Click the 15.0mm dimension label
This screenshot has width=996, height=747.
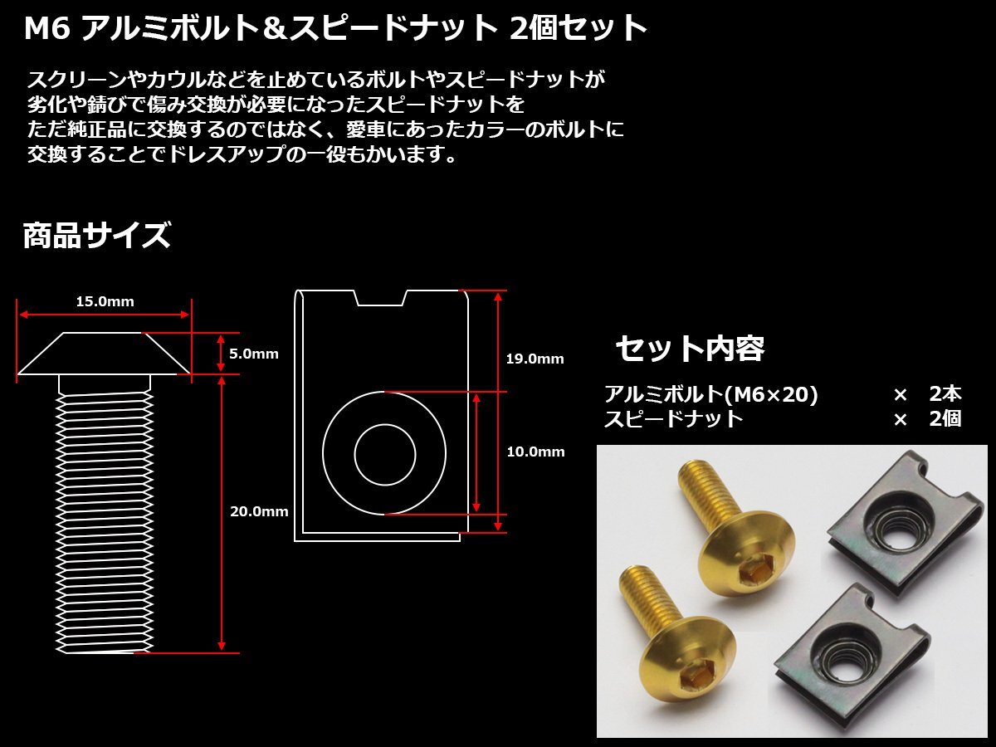105,301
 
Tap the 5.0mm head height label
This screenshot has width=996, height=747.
254,354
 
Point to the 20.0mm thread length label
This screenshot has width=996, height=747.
259,511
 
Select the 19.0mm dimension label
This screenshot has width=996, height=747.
535,359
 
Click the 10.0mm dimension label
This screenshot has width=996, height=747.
535,452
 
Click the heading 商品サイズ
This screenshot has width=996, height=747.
96,237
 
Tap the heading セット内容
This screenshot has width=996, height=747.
690,349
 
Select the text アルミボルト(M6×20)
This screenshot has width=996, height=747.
711,394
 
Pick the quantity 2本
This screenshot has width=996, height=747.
945,394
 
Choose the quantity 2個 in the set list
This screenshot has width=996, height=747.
945,418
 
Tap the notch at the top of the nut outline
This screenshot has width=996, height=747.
381,297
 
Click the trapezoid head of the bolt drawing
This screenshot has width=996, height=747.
105,354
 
